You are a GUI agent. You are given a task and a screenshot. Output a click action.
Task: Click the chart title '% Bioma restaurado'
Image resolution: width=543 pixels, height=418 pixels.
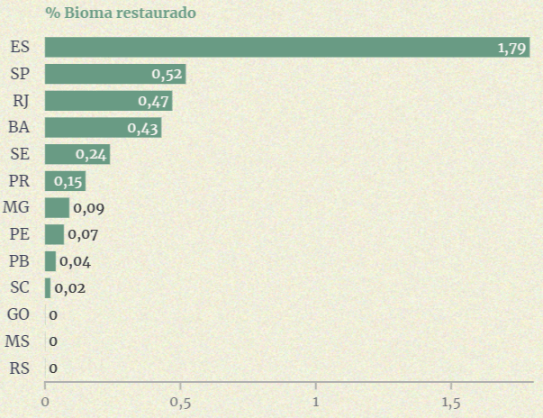tap(121, 14)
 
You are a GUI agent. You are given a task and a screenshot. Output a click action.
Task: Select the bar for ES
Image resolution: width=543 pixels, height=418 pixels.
tap(287, 47)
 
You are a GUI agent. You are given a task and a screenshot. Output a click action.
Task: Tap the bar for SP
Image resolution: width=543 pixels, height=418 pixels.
tap(114, 74)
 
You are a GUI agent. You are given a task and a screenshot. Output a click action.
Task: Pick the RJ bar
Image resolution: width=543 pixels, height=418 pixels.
tap(108, 100)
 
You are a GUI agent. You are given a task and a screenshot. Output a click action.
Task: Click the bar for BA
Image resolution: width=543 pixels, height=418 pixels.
tap(103, 127)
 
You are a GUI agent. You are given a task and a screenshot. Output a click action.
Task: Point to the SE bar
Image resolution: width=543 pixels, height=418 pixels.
tap(77, 154)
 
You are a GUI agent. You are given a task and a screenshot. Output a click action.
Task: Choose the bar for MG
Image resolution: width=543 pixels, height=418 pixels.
tap(57, 208)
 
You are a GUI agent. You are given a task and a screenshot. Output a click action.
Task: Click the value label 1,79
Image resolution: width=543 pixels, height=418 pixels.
tap(511, 48)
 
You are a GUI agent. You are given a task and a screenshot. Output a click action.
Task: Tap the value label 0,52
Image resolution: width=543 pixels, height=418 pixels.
tap(167, 74)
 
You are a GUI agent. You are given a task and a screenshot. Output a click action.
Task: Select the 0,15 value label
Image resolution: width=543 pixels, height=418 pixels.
tap(68, 181)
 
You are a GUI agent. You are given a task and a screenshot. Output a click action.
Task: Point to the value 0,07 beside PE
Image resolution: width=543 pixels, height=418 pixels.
tap(82, 235)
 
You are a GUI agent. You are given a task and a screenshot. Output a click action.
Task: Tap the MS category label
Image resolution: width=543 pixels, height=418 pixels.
tap(17, 341)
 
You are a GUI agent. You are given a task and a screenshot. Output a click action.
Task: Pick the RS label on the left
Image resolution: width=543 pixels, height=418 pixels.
tap(18, 368)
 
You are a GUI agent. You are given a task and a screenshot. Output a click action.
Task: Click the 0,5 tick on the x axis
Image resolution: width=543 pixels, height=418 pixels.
tap(180, 402)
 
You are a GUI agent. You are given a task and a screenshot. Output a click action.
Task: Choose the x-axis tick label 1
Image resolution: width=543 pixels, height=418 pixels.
tap(316, 402)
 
